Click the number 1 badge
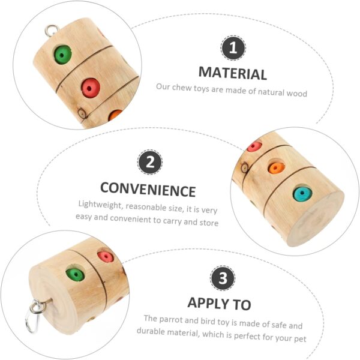(233, 48)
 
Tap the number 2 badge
(150, 162)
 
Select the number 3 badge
(223, 278)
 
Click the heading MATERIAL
(233, 73)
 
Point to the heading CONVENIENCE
(148, 190)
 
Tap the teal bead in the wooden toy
(302, 194)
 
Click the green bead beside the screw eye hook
(62, 55)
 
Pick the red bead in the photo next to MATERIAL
(91, 88)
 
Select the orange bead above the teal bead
(276, 168)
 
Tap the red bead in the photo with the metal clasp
(106, 256)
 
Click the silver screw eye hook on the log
(52, 31)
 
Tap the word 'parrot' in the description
(170, 320)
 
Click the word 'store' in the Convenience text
(209, 222)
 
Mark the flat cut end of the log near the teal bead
(314, 218)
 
